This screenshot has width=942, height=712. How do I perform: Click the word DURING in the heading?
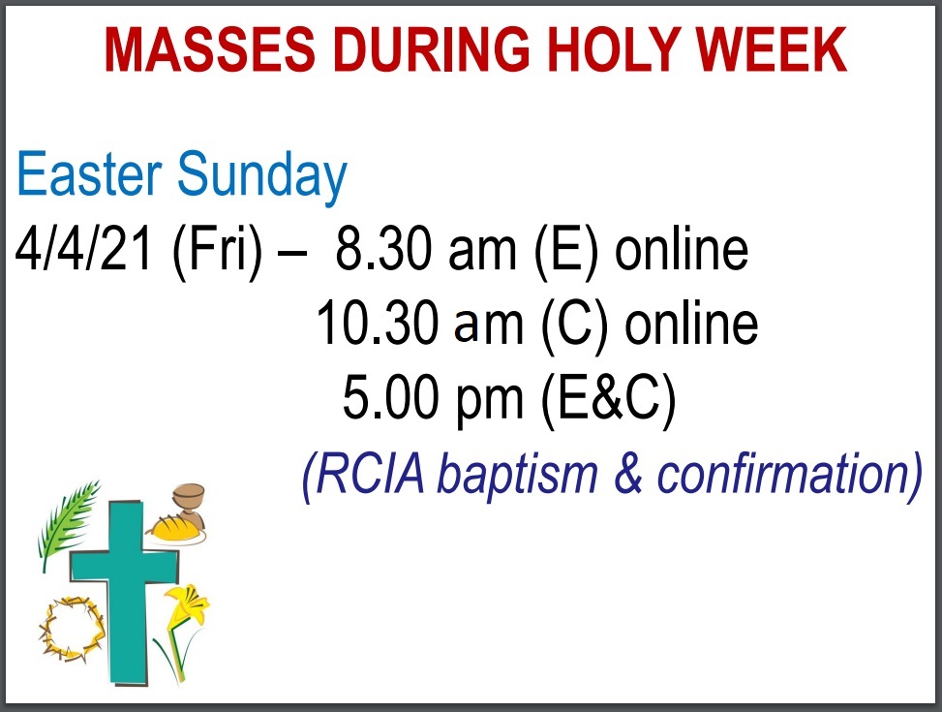(x=432, y=50)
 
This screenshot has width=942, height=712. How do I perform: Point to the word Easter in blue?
(x=89, y=173)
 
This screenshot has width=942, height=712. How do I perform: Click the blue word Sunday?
(x=262, y=178)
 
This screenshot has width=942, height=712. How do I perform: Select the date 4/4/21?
(x=83, y=248)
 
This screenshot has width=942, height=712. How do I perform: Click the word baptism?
(x=517, y=476)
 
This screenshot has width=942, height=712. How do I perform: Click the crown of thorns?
(x=72, y=629)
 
